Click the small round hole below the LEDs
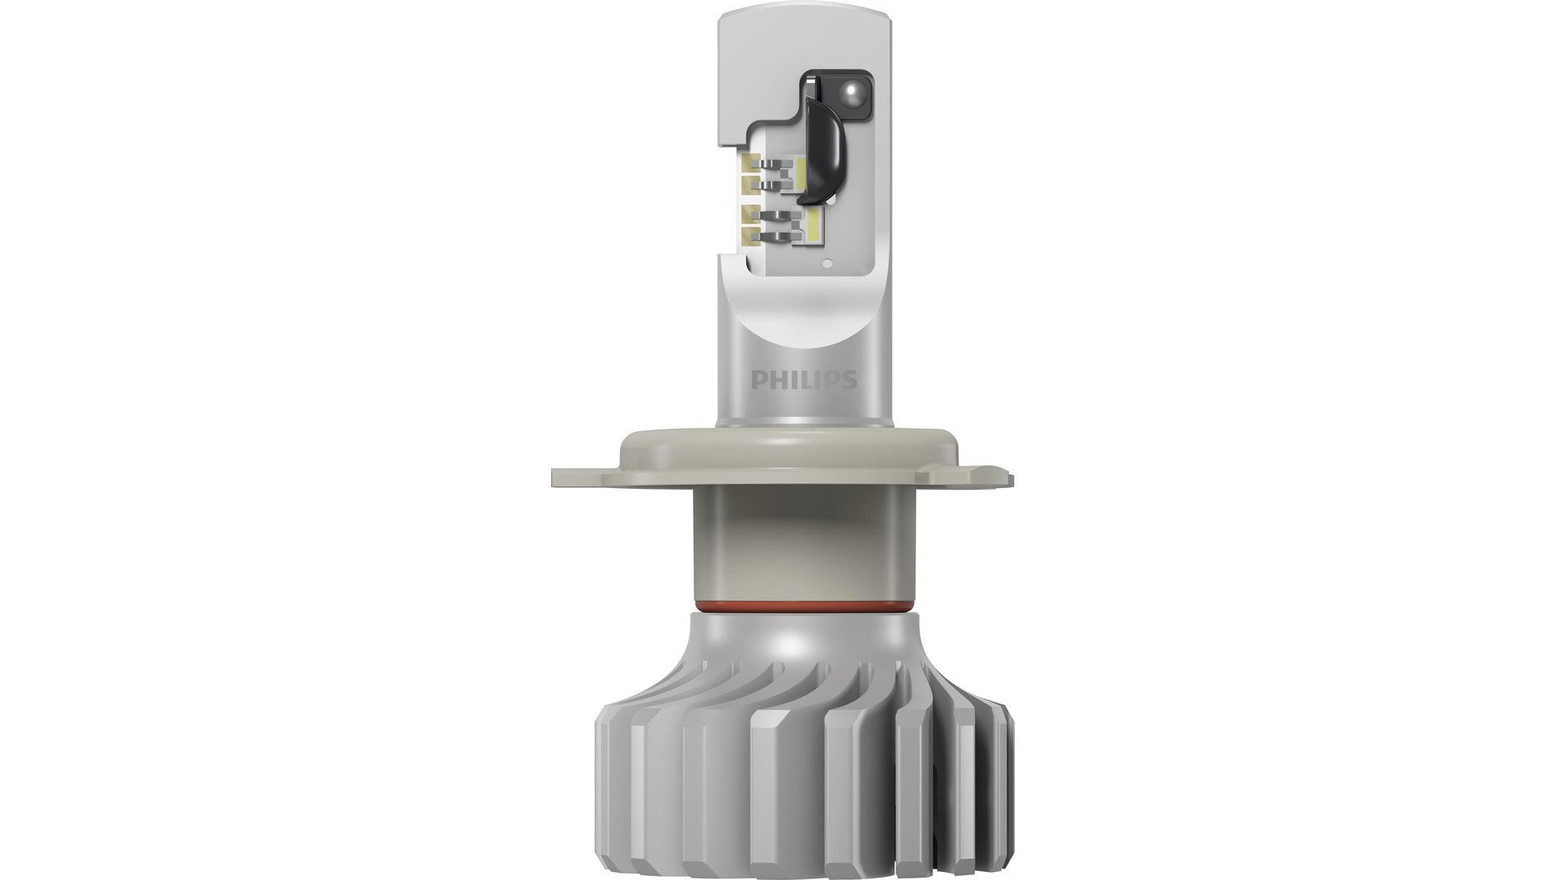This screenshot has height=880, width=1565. (x=827, y=262)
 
